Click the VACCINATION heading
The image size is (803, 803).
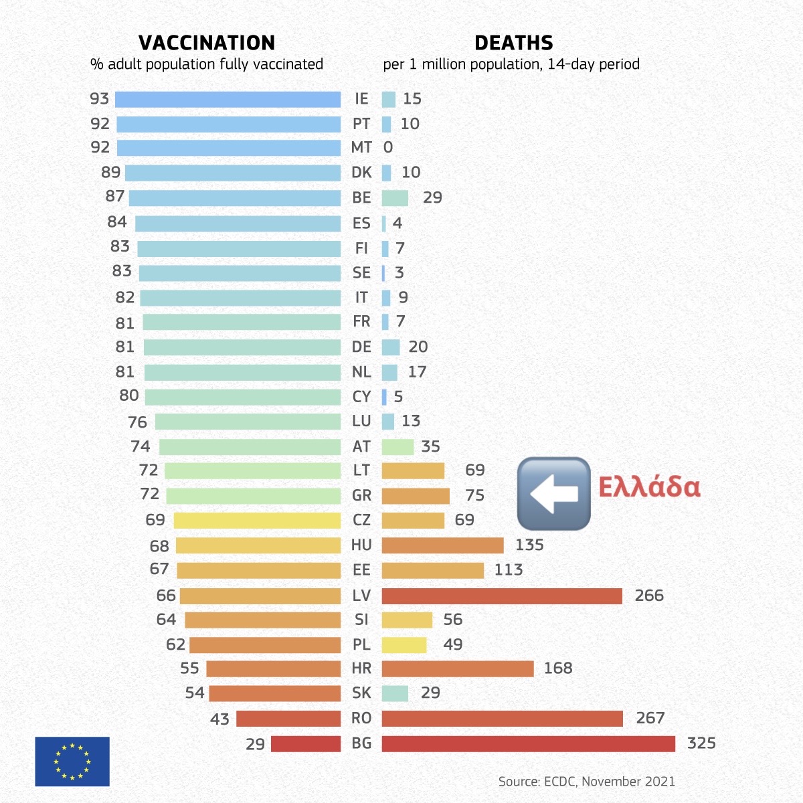pos(206,43)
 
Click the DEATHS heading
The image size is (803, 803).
pos(513,43)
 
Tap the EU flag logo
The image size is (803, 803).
pos(72,762)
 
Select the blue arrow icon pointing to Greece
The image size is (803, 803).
pos(553,493)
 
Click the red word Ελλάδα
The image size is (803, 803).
pos(649,486)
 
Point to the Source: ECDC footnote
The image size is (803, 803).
pos(586,781)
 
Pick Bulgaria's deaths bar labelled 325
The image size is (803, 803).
pos(528,743)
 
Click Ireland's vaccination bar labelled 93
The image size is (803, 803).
pos(228,99)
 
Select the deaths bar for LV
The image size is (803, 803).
pos(502,596)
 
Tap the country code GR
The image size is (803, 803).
pos(361,495)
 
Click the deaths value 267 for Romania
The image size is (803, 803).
pos(650,718)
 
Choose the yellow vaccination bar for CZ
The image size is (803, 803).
pos(257,521)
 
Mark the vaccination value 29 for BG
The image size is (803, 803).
pos(255,744)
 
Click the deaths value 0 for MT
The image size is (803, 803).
pos(388,147)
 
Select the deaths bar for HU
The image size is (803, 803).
pos(442,545)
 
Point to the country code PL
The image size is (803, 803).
pos(361,644)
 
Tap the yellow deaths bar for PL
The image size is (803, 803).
pos(404,645)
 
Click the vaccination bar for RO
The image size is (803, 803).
pos(288,719)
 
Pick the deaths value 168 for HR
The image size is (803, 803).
pos(558,668)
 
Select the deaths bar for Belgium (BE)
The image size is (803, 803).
pos(395,198)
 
